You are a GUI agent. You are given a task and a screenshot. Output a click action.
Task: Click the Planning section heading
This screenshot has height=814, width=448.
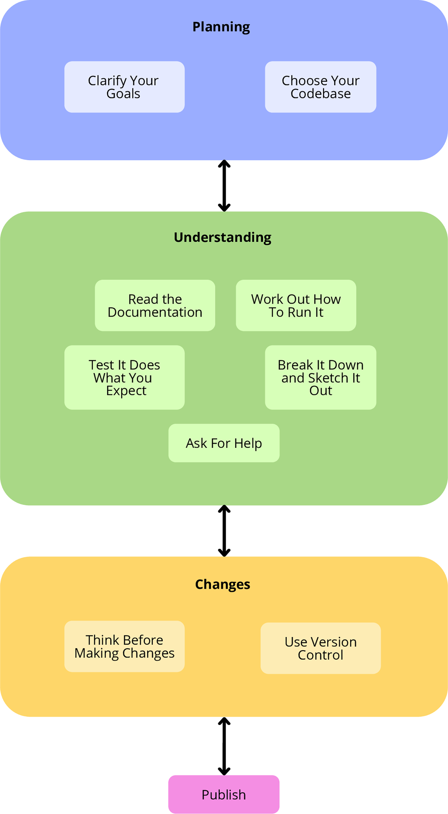(221, 27)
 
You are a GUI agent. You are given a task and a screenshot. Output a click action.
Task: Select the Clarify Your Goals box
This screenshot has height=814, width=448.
(124, 87)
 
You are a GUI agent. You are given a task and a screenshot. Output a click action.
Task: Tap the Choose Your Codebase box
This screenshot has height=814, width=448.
(320, 87)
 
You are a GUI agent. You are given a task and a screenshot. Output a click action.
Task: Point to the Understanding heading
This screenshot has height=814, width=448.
(222, 237)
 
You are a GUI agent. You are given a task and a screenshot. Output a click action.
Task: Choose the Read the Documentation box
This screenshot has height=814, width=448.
(155, 305)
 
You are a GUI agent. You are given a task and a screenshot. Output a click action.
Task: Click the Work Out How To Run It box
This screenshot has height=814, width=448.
(296, 305)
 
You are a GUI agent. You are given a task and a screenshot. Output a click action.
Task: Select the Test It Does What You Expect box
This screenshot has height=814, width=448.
(124, 377)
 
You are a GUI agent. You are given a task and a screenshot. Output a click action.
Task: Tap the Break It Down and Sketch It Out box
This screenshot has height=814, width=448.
(320, 377)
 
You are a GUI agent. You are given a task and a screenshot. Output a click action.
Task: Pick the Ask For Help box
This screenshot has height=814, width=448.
(224, 443)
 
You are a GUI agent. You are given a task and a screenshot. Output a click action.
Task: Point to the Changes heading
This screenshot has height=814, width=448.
(222, 584)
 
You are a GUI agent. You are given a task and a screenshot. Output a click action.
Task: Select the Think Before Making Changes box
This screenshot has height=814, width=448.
(124, 647)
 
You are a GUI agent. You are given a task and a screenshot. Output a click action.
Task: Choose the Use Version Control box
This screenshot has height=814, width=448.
(320, 648)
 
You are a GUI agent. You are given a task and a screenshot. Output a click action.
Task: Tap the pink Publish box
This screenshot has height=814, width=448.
(224, 794)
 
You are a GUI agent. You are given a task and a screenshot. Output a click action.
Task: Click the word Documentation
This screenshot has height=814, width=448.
(155, 312)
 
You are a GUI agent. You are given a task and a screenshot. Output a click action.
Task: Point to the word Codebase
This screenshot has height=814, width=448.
(320, 94)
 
